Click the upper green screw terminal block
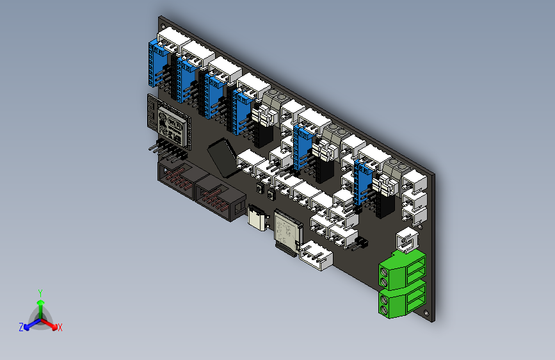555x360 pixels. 402,269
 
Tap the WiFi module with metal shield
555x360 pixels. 171,125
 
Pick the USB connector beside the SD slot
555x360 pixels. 258,218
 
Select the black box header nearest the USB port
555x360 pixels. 218,199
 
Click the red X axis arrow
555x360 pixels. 59,327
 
